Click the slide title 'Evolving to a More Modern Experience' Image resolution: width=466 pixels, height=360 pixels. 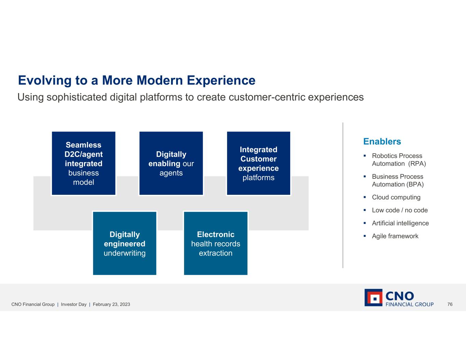pyautogui.click(x=137, y=80)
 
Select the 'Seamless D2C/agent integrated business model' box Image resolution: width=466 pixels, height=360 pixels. pyautogui.click(x=84, y=163)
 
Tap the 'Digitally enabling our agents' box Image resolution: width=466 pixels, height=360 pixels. pyautogui.click(x=171, y=163)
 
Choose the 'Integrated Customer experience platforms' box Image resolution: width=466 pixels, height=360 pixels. pyautogui.click(x=259, y=163)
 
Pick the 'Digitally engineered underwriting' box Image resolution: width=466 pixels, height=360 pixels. pyautogui.click(x=125, y=243)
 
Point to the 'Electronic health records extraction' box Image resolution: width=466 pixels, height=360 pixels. pyautogui.click(x=216, y=243)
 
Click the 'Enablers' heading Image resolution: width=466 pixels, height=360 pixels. pyautogui.click(x=382, y=141)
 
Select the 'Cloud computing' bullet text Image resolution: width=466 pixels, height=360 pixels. pyautogui.click(x=396, y=197)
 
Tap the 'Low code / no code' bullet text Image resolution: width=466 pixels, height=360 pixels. pyautogui.click(x=400, y=210)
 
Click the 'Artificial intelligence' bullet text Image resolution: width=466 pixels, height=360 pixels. pyautogui.click(x=400, y=223)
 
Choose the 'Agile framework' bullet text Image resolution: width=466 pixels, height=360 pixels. pyautogui.click(x=395, y=236)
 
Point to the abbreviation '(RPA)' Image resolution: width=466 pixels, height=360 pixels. pyautogui.click(x=417, y=164)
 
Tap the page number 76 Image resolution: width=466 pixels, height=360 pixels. pyautogui.click(x=450, y=304)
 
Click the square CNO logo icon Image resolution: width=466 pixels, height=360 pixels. pyautogui.click(x=373, y=298)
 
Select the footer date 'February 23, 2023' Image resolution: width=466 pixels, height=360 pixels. pyautogui.click(x=111, y=304)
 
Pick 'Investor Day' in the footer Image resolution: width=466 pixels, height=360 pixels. pyautogui.click(x=73, y=304)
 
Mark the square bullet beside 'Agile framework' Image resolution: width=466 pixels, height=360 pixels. pyautogui.click(x=365, y=236)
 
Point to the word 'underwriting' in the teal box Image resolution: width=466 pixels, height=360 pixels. pyautogui.click(x=125, y=253)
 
